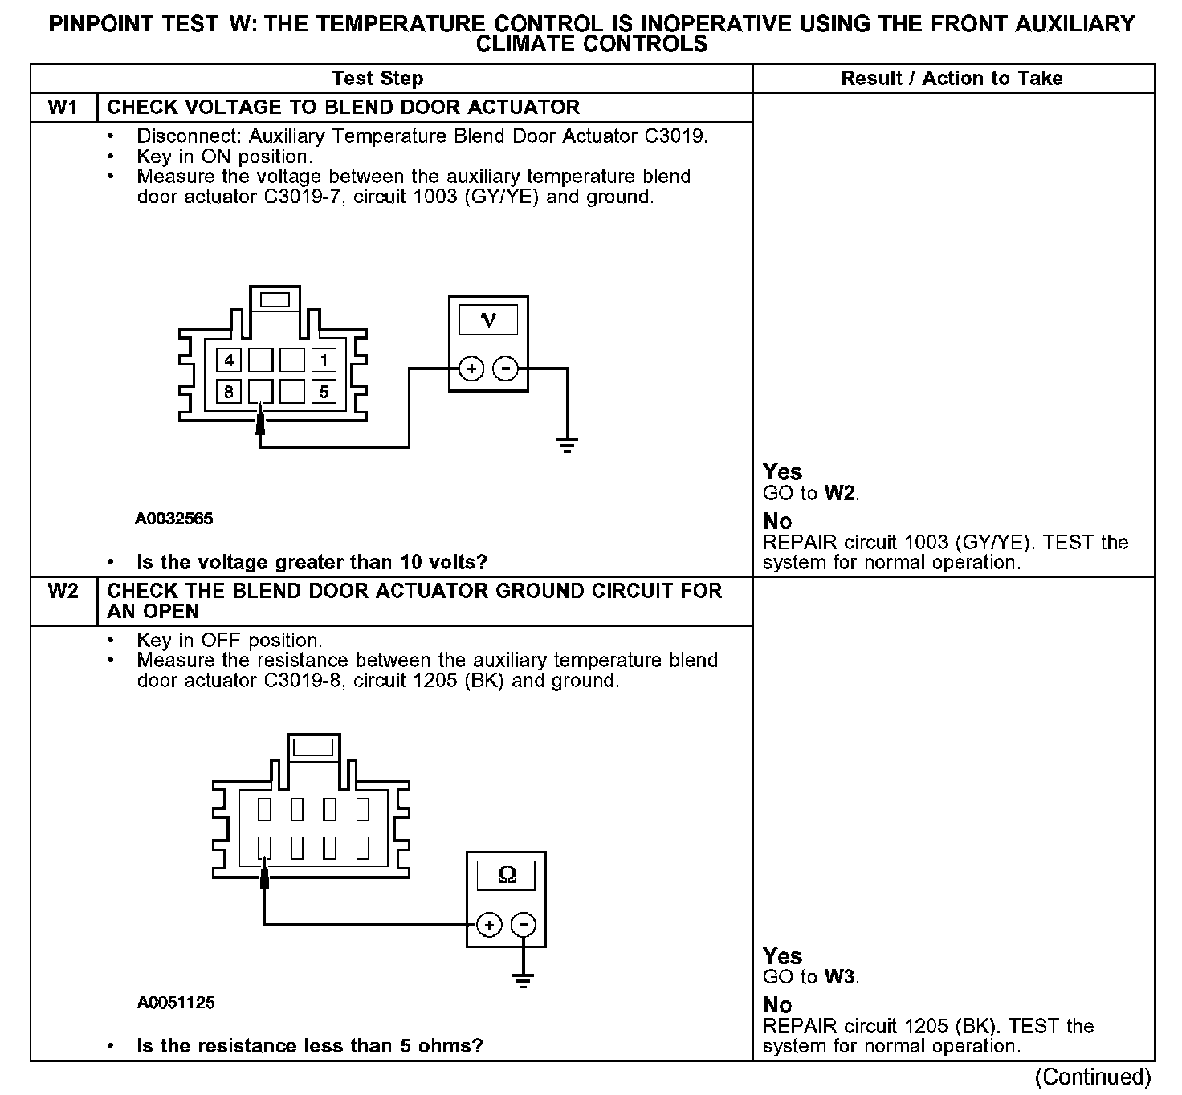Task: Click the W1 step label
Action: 63,108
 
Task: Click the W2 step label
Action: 63,592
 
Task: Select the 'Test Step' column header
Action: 377,79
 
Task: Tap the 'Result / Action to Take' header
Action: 952,79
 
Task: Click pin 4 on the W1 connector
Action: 229,360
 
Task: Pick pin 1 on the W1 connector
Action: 324,360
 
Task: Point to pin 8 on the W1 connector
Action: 229,392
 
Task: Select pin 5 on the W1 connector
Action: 324,392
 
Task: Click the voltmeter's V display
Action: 488,320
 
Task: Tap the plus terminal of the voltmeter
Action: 471,369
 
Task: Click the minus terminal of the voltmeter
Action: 506,369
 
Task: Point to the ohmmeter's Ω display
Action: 507,875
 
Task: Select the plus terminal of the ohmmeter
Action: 489,925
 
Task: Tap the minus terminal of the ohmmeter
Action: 524,925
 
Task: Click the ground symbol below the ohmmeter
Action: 524,979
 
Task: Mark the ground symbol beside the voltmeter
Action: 568,445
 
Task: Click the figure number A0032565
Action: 174,519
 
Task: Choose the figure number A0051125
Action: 176,1003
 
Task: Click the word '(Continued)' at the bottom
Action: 1093,1077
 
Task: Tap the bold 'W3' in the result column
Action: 841,977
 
